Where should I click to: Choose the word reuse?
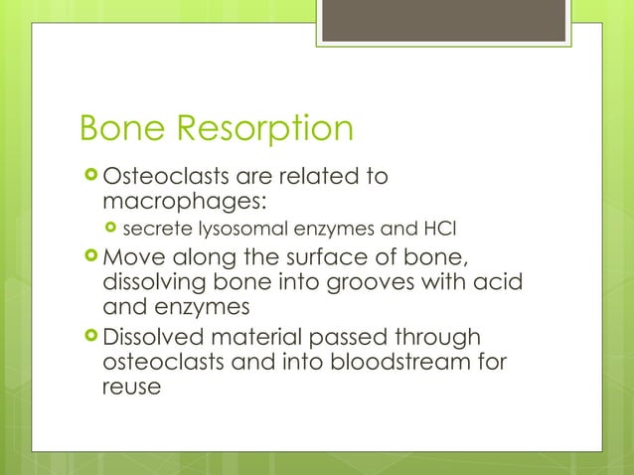point(131,387)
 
